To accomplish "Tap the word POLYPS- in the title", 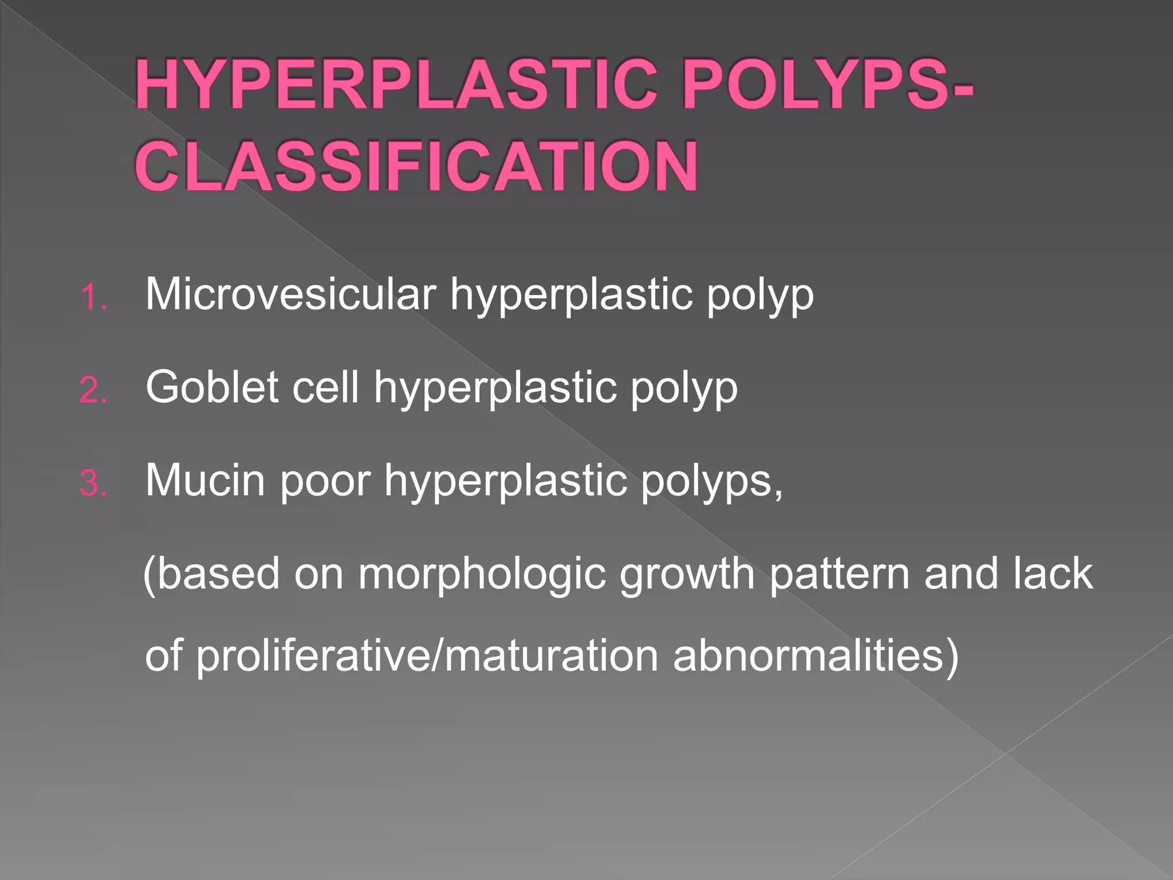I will coord(828,86).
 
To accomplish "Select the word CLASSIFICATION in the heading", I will coord(417,167).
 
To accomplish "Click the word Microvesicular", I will coord(291,294).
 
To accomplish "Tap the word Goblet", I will coord(212,387).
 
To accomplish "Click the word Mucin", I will coord(206,480).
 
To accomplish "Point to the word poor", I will coord(325,480).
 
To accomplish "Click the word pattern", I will coord(840,574).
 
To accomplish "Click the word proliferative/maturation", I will coord(427,657).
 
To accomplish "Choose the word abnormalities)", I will coord(816,657).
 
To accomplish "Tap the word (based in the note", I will coord(211,574).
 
